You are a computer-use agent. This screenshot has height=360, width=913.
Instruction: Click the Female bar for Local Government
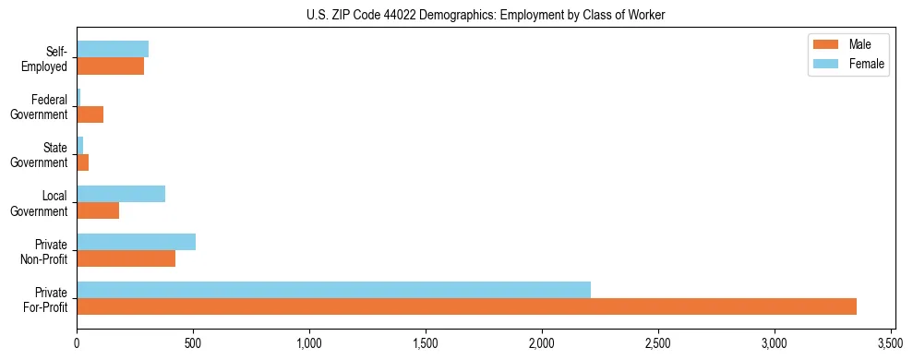pyautogui.click(x=121, y=194)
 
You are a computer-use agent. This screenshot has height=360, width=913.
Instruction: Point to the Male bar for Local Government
pyautogui.click(x=98, y=210)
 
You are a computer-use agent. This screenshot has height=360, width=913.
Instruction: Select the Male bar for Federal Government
pyautogui.click(x=90, y=114)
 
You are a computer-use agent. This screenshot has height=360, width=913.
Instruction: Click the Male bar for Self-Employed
pyautogui.click(x=110, y=66)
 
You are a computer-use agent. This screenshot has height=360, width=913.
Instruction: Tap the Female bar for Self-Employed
pyautogui.click(x=113, y=50)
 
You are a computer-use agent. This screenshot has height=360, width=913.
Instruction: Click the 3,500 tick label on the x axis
pyautogui.click(x=890, y=342)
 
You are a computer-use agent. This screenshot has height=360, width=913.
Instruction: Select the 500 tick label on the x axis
pyautogui.click(x=193, y=342)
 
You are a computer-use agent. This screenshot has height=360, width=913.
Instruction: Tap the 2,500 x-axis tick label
pyautogui.click(x=657, y=342)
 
